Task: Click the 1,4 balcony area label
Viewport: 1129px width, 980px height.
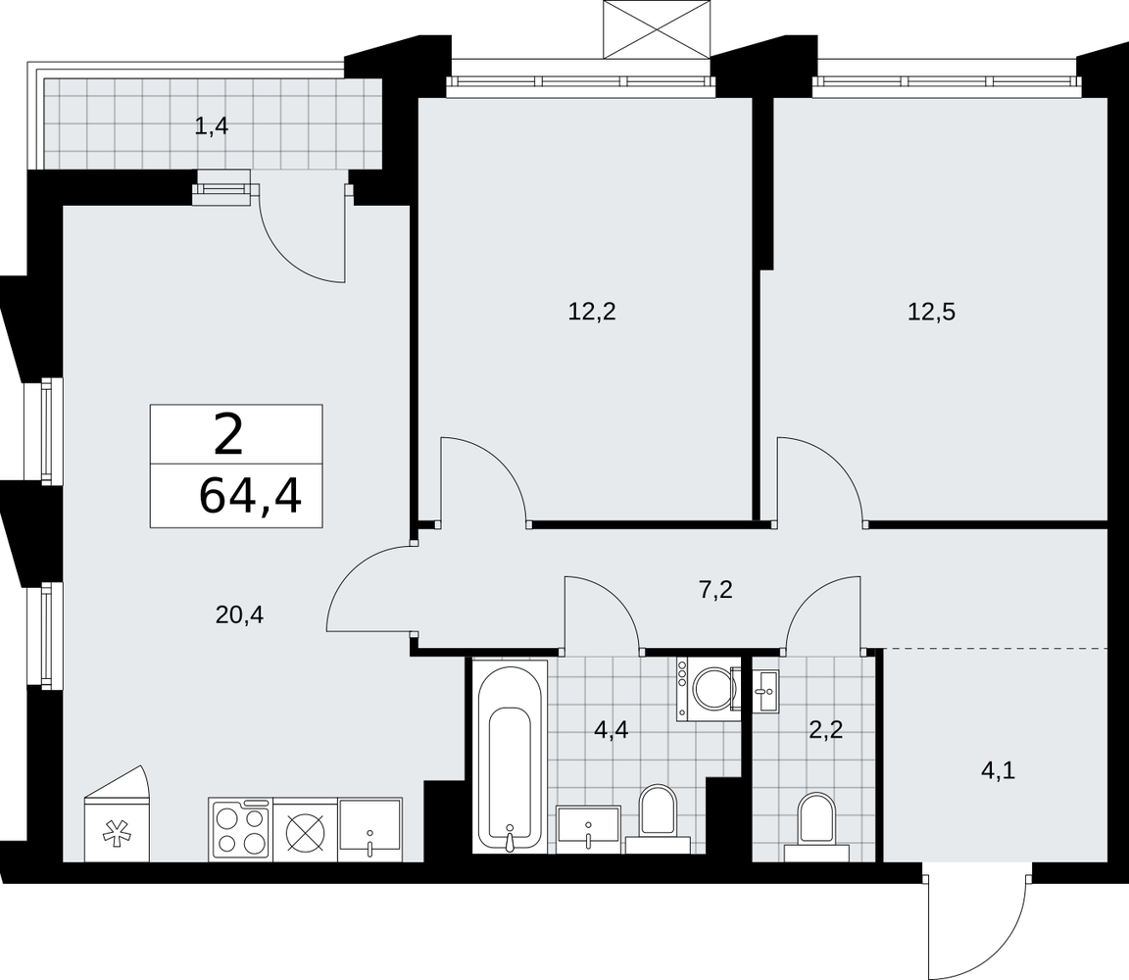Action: [x=211, y=126]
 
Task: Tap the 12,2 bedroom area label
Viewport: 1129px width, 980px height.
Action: [x=592, y=312]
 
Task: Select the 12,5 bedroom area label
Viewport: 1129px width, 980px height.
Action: [x=931, y=312]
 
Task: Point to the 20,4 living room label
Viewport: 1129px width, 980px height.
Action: [x=239, y=614]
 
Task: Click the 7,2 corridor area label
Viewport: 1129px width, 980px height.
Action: [x=715, y=590]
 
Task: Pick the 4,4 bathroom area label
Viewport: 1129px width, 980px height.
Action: [x=612, y=730]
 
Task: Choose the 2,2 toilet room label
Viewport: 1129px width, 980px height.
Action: [x=825, y=730]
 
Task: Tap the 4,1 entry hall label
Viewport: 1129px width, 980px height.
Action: [x=998, y=771]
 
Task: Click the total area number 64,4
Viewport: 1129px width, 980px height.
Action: [x=249, y=496]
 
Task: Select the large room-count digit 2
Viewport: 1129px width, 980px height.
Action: [x=229, y=435]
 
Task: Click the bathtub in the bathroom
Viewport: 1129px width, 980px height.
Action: [x=510, y=756]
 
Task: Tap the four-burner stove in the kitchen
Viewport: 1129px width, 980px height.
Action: [x=240, y=828]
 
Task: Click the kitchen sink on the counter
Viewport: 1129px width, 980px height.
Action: [x=369, y=828]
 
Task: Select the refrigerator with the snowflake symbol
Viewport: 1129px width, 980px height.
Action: [x=117, y=813]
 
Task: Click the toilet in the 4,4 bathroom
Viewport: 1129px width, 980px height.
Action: [x=659, y=818]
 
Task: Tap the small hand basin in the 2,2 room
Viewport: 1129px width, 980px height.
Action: [x=765, y=692]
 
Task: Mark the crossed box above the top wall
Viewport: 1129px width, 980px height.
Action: [x=656, y=29]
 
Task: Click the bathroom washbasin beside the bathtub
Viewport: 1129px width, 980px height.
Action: [x=589, y=829]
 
